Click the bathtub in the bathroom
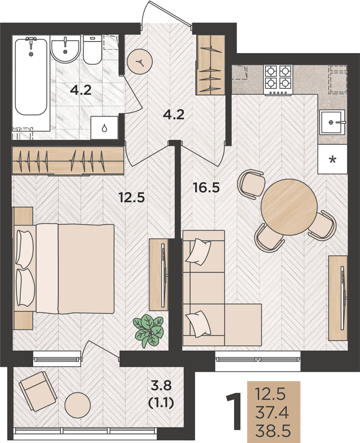[x=31, y=76]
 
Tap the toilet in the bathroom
[x=92, y=50]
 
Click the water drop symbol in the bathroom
[x=104, y=128]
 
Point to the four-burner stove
[x=278, y=80]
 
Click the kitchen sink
[x=333, y=122]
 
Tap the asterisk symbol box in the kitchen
[x=333, y=159]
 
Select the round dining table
[x=288, y=206]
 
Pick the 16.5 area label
[x=206, y=188]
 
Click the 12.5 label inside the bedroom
[x=132, y=197]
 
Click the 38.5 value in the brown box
[x=273, y=431]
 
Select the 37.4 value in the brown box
[x=272, y=413]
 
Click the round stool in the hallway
[x=140, y=62]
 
